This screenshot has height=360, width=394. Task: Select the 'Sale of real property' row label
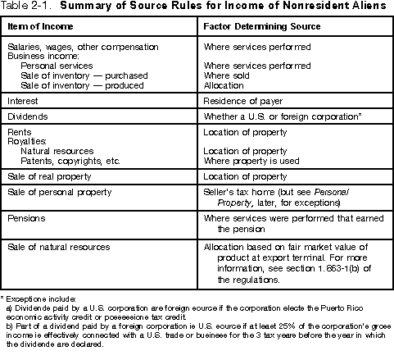coord(48,175)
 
